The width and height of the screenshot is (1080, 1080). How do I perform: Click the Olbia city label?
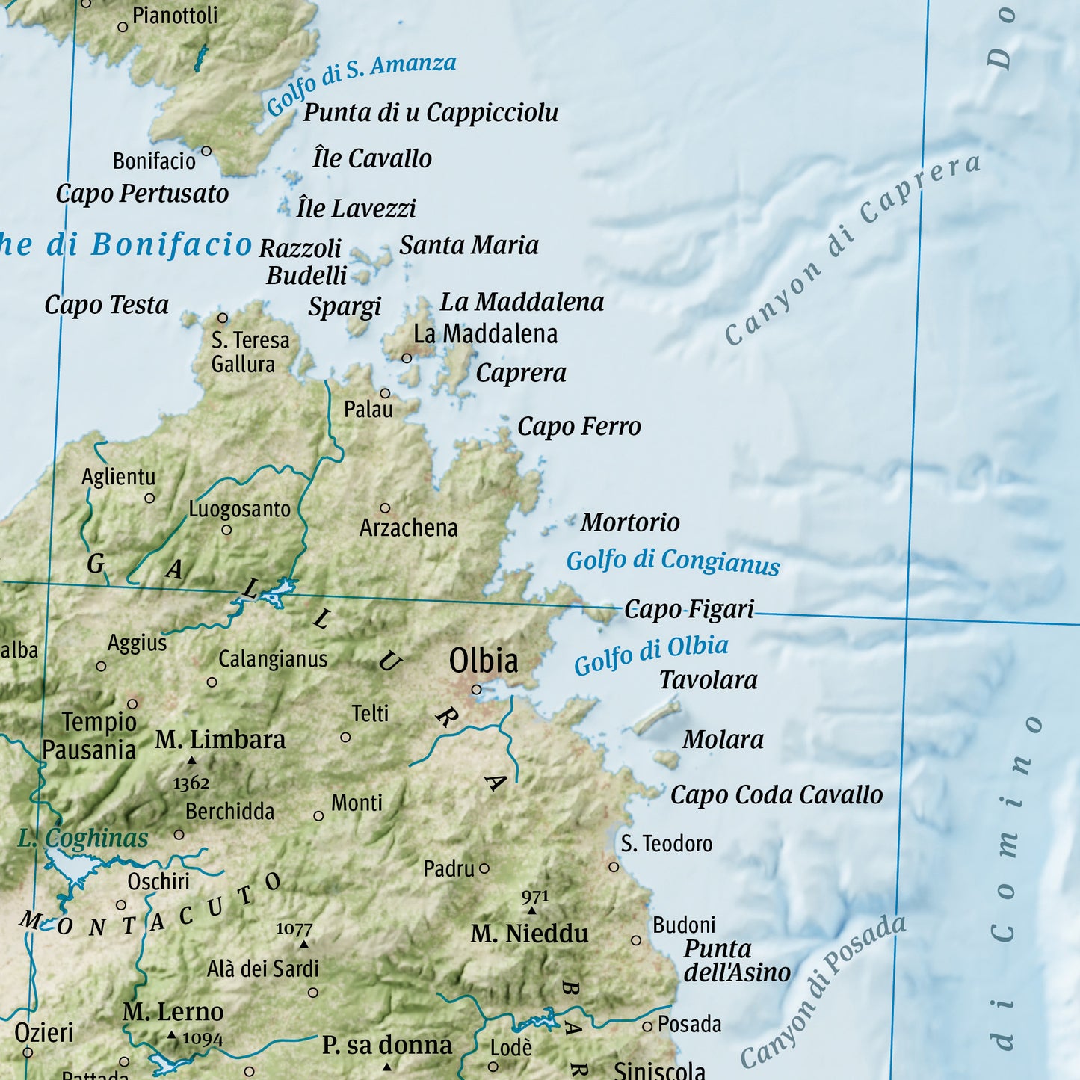[483, 661]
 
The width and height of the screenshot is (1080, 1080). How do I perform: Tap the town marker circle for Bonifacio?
[206, 152]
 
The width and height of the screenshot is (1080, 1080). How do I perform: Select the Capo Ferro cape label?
[579, 427]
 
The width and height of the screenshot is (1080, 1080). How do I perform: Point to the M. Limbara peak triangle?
[191, 761]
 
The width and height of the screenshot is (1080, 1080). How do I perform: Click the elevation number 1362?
[191, 783]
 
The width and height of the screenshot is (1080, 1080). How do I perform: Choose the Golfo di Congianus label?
[673, 561]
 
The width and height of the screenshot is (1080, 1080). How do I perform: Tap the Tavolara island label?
[708, 680]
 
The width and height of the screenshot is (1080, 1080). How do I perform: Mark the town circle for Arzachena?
[385, 508]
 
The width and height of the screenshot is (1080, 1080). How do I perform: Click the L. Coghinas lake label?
[83, 839]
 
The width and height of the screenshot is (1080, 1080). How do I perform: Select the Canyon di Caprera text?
[852, 250]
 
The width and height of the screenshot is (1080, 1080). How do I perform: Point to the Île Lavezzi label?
[356, 209]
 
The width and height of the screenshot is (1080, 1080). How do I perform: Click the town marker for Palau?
[385, 393]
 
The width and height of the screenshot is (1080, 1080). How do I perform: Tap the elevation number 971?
[535, 896]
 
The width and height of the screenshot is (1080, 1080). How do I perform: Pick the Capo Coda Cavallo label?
[776, 795]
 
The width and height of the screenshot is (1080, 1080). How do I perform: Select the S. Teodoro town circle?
[614, 867]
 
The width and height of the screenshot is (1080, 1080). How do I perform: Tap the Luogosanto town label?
[239, 510]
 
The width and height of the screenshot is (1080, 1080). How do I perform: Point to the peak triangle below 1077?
[304, 945]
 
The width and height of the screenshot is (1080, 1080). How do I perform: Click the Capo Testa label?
[107, 305]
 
